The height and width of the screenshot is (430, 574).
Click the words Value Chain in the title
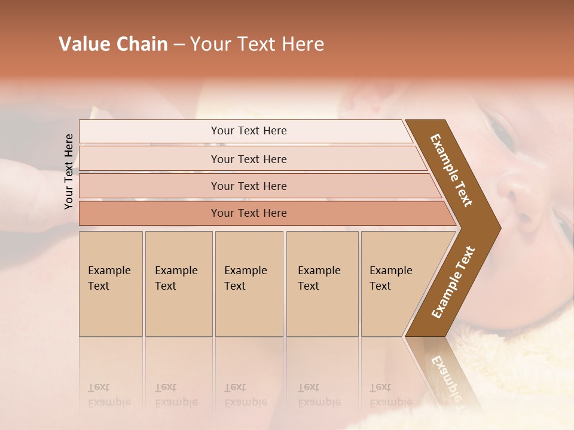click(x=113, y=44)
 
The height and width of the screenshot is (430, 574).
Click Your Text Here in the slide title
click(x=257, y=44)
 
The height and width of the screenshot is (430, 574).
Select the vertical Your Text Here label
click(x=69, y=171)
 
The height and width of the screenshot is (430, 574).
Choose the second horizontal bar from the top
click(x=248, y=159)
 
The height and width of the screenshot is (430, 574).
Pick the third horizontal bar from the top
click(x=248, y=186)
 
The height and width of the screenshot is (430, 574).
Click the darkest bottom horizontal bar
click(x=248, y=213)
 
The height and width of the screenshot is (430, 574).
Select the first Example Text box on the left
click(x=111, y=284)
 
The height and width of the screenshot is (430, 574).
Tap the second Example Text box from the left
click(x=178, y=284)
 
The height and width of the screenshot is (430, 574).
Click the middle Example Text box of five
click(x=249, y=284)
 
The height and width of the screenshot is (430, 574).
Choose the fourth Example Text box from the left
click(x=322, y=284)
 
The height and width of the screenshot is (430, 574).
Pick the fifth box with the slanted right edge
click(x=392, y=284)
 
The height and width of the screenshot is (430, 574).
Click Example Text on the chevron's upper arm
click(x=451, y=170)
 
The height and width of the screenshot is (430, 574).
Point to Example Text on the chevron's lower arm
click(x=453, y=282)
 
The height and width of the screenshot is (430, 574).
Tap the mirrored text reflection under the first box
click(x=109, y=395)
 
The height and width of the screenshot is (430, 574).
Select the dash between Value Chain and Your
click(x=179, y=45)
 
